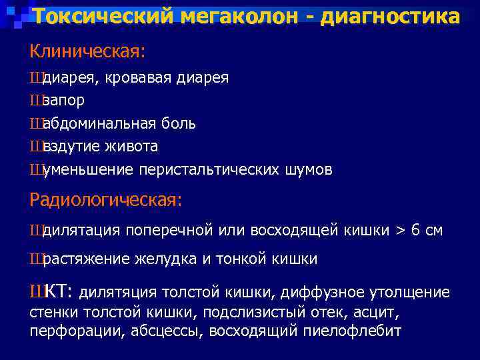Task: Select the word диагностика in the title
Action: pyautogui.click(x=390, y=16)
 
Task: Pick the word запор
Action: pyautogui.click(x=63, y=101)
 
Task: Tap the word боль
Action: pyautogui.click(x=180, y=123)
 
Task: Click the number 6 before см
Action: pyautogui.click(x=415, y=231)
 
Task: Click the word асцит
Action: pyautogui.click(x=379, y=312)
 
